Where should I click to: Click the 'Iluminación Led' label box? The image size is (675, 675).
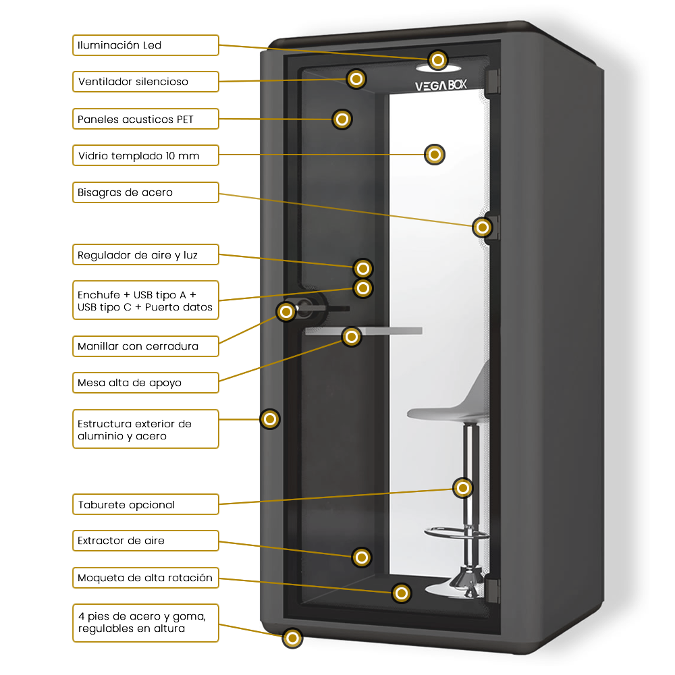point(146,45)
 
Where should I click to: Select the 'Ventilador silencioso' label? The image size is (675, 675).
point(146,82)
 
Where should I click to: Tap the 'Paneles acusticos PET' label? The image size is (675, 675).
point(146,119)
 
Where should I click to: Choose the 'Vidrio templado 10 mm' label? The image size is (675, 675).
point(146,156)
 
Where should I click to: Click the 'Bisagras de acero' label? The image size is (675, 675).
point(146,192)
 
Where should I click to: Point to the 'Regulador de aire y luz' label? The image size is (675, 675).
point(146,255)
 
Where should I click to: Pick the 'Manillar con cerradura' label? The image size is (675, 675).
point(146,346)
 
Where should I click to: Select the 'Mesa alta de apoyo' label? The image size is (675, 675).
point(146,383)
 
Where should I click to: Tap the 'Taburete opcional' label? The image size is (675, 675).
point(146,504)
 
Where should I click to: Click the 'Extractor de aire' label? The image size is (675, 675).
point(146,541)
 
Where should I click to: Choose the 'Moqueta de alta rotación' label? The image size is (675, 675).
point(146,578)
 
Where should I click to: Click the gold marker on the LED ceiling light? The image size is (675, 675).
point(438,60)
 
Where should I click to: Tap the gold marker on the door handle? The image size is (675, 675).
point(286,311)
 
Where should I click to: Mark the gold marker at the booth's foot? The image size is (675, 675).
point(292,638)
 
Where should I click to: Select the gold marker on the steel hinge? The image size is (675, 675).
point(482,227)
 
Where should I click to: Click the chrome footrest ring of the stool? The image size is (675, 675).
point(457,533)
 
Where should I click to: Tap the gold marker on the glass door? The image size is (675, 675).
point(435,155)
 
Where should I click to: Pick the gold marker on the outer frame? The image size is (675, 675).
point(270,419)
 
